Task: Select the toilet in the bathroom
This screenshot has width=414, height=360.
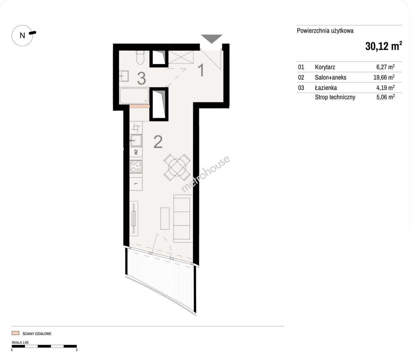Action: [140, 57]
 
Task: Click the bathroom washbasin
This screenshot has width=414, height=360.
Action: [124, 76]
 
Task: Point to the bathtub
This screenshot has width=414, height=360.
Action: [134, 96]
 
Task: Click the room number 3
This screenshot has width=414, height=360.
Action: [141, 79]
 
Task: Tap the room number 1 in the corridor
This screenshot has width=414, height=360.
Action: [201, 70]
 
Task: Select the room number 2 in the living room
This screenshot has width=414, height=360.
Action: [158, 142]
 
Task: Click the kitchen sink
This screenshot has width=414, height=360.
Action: [136, 140]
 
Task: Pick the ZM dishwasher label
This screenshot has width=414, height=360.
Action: [136, 152]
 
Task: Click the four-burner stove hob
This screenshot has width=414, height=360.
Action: [136, 167]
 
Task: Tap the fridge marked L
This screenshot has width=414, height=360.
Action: [136, 184]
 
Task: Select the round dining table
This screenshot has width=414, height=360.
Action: [177, 167]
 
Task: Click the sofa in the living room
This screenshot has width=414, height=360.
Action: [183, 218]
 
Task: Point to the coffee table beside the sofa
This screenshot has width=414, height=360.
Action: [165, 218]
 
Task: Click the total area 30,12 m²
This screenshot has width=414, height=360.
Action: [383, 46]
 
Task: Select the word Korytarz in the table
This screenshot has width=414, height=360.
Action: [325, 67]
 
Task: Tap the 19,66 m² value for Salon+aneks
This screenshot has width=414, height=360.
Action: [384, 77]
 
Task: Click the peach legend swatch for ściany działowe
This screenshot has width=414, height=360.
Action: [16, 333]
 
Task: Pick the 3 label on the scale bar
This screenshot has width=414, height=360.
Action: [76, 350]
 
